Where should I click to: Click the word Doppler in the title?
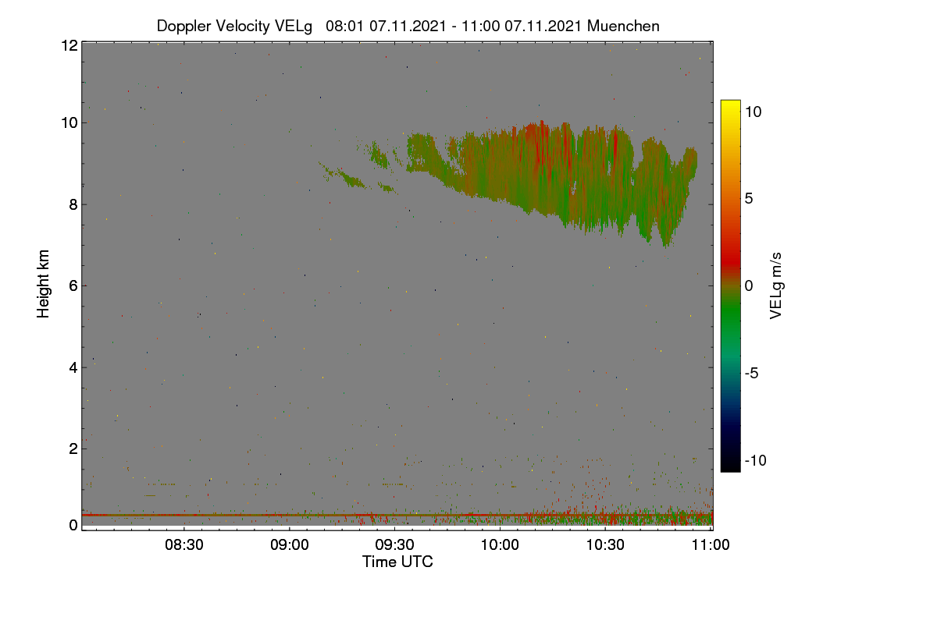pos(183,27)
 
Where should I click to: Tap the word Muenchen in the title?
pos(623,26)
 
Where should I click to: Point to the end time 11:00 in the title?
pos(481,26)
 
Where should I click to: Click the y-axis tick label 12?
pos(69,45)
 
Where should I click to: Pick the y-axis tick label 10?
pos(69,123)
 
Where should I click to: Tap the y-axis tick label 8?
pos(73,204)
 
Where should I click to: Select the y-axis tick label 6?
pos(73,286)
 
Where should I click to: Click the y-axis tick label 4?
pos(73,368)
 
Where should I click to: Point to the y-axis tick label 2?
pos(73,448)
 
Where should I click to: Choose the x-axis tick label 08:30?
pos(184,545)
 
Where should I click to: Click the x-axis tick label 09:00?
pos(290,545)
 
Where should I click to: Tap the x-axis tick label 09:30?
pos(394,545)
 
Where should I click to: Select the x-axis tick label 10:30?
pos(605,545)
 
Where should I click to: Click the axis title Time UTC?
pos(397,562)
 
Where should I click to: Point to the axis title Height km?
pos(43,284)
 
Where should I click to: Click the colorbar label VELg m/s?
pos(775,286)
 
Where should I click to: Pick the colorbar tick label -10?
pos(756,460)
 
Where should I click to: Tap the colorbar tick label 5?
pos(749,199)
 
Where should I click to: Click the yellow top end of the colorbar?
pos(730,101)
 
